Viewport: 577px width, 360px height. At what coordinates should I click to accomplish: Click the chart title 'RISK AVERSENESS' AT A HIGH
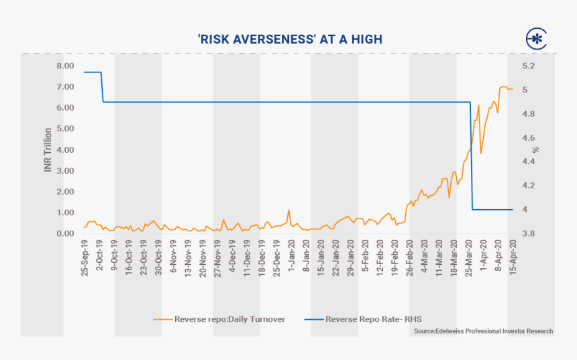tap(290, 39)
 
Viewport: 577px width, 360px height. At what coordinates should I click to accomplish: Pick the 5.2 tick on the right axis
tap(528, 66)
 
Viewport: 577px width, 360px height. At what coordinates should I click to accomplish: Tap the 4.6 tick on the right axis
tap(528, 137)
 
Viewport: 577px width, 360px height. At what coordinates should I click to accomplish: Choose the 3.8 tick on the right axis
tap(528, 233)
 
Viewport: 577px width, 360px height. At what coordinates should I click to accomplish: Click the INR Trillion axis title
tap(48, 149)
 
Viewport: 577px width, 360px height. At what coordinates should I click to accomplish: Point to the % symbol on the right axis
tap(535, 149)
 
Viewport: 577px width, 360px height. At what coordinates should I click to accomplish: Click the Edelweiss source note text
tap(483, 331)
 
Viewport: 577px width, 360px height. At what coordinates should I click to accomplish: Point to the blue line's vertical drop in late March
tap(472, 158)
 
